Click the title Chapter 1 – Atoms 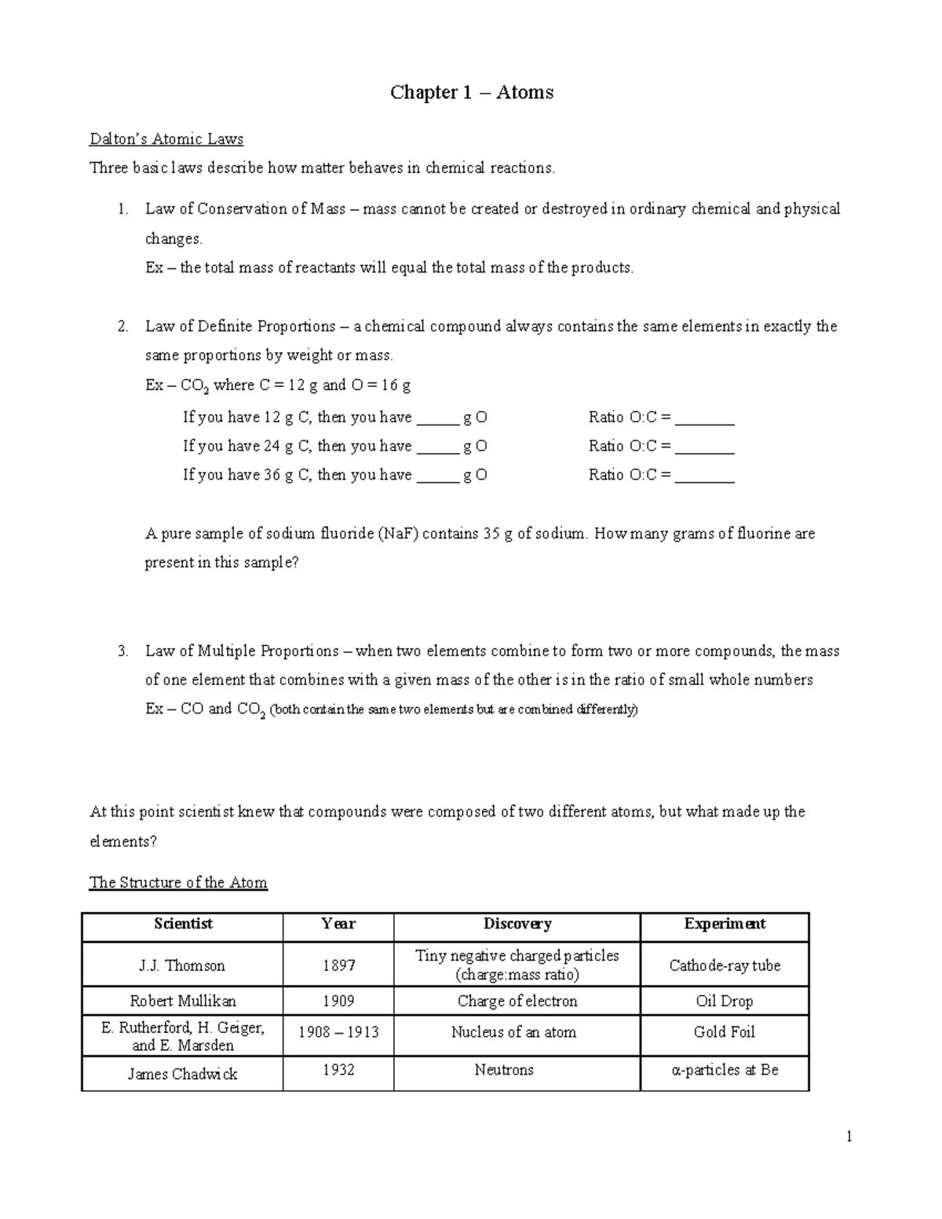[x=472, y=93]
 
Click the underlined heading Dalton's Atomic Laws [x=166, y=139]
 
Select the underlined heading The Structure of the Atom [x=178, y=882]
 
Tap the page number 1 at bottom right [x=849, y=1137]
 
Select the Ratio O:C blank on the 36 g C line [x=704, y=476]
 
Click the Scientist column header [x=183, y=924]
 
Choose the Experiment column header [x=725, y=924]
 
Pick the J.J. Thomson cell [x=182, y=965]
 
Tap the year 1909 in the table [x=338, y=1001]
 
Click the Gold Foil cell [x=724, y=1032]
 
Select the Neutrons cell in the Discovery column [x=504, y=1070]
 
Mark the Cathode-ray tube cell [x=725, y=965]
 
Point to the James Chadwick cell [x=182, y=1074]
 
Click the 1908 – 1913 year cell [x=338, y=1032]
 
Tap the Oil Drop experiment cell [x=724, y=1001]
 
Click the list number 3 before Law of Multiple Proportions [x=122, y=651]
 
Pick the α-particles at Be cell [x=725, y=1070]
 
